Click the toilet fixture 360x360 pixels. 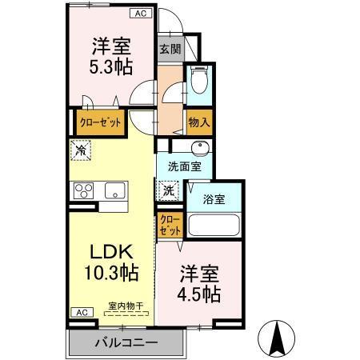198,82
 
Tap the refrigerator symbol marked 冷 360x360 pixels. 80,149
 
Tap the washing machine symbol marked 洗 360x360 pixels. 168,190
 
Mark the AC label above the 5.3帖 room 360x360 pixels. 139,14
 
